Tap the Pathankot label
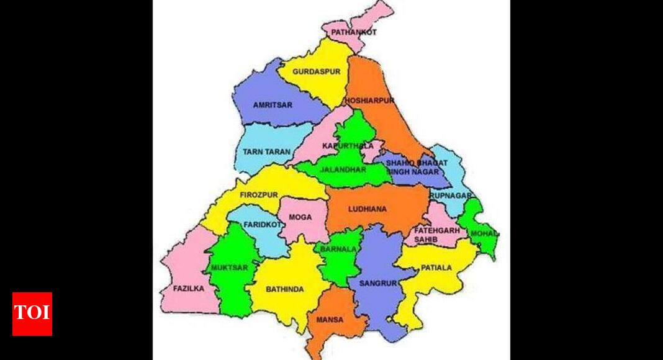tap(353, 32)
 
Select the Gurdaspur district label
tap(317, 72)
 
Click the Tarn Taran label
tap(266, 151)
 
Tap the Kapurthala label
tap(348, 146)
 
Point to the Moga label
tap(299, 217)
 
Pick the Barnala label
tap(338, 249)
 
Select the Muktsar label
tap(229, 268)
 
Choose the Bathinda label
tap(284, 289)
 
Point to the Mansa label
tap(330, 320)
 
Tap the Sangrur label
tap(377, 283)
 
